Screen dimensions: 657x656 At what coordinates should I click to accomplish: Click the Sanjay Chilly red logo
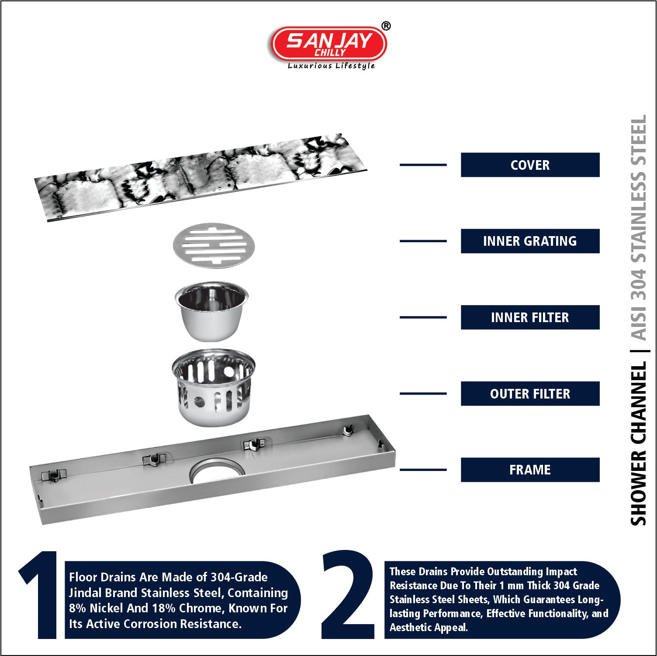(329, 44)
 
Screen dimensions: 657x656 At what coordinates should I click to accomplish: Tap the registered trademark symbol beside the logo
(386, 26)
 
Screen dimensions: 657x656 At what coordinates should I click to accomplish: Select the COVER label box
(530, 165)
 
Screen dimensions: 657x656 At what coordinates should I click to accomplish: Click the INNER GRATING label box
(530, 241)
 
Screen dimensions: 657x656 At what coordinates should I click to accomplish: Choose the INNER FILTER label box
(530, 317)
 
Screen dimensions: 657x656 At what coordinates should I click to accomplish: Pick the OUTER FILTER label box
(530, 394)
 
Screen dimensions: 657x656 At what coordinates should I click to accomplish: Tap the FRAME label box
(530, 470)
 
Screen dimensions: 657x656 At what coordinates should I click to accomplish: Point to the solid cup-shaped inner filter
(211, 311)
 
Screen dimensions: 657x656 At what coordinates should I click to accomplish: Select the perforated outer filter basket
(213, 388)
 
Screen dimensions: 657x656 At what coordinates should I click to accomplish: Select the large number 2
(349, 594)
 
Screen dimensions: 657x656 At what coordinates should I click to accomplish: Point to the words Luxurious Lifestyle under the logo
(331, 66)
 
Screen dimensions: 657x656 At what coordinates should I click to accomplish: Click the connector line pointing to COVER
(423, 165)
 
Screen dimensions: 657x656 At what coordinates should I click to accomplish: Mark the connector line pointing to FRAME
(423, 470)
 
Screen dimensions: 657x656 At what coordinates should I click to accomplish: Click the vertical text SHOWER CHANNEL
(638, 443)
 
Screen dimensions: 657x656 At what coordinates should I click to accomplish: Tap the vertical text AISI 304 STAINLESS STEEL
(639, 227)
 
